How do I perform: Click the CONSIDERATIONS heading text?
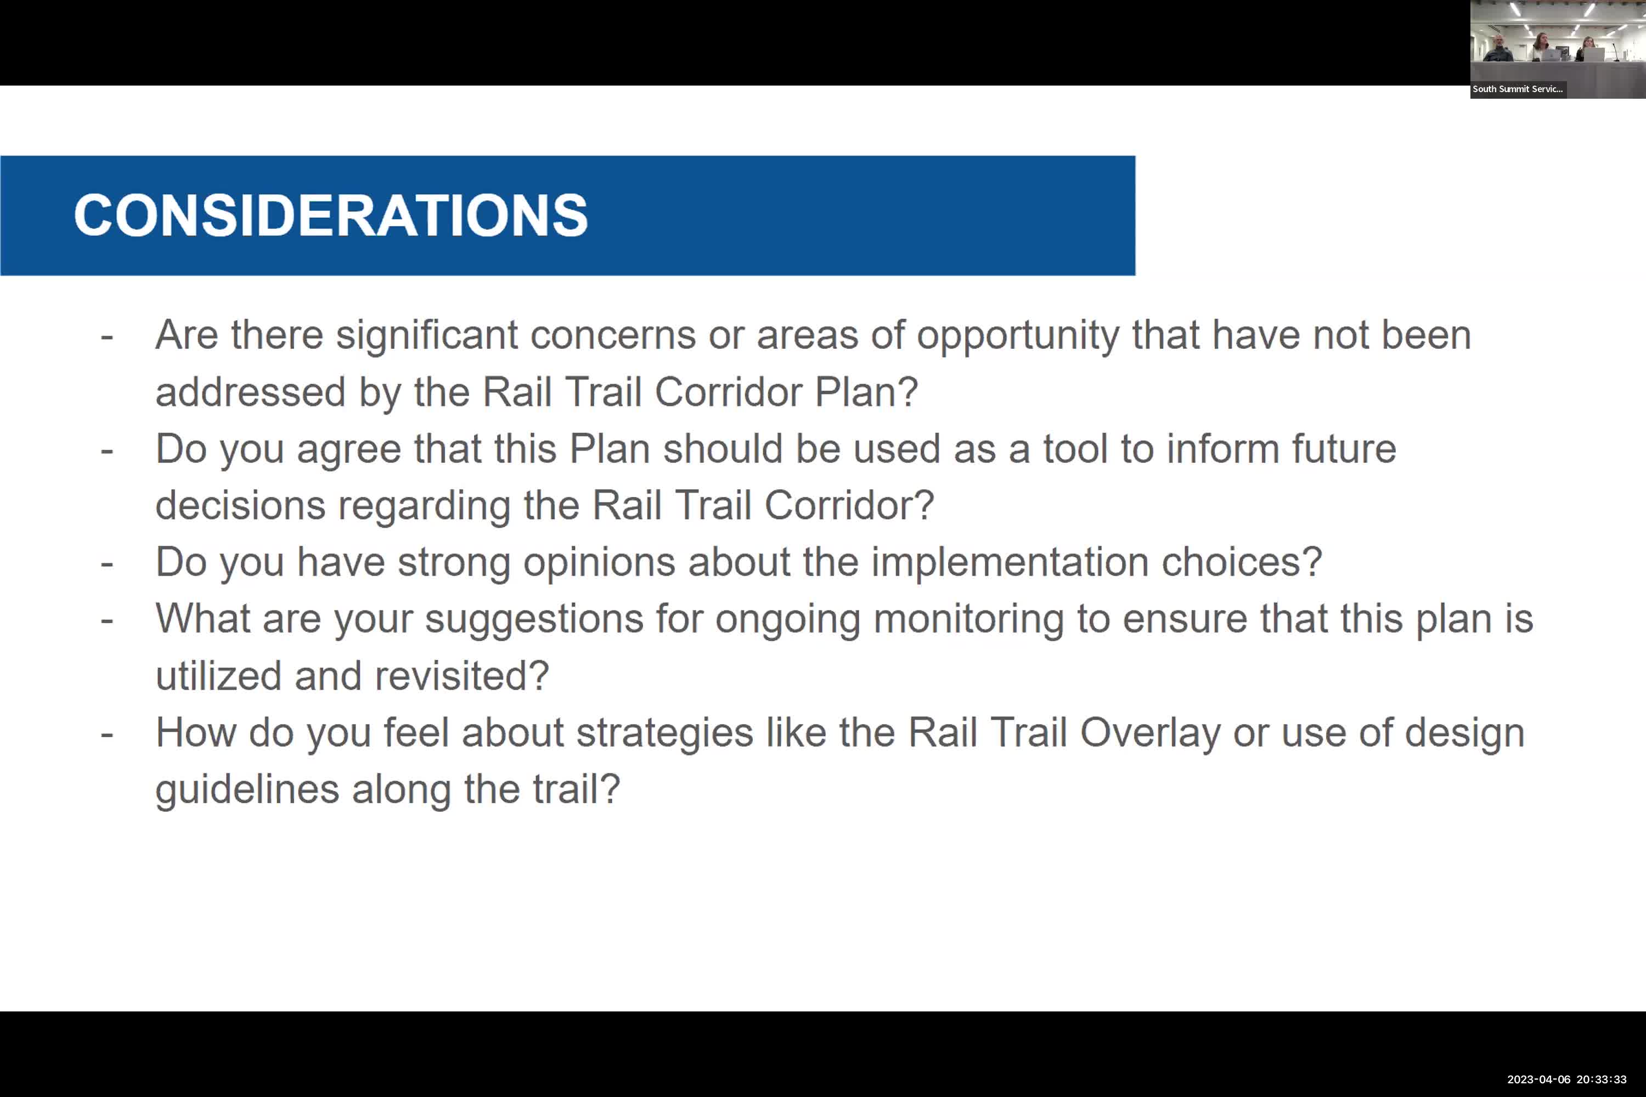330,215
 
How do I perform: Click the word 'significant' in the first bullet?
427,335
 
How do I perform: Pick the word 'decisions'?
240,506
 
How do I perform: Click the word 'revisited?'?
462,676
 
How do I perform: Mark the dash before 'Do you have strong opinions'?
107,563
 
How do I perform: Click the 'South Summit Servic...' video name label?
1517,89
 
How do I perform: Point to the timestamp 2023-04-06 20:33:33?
1566,1079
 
